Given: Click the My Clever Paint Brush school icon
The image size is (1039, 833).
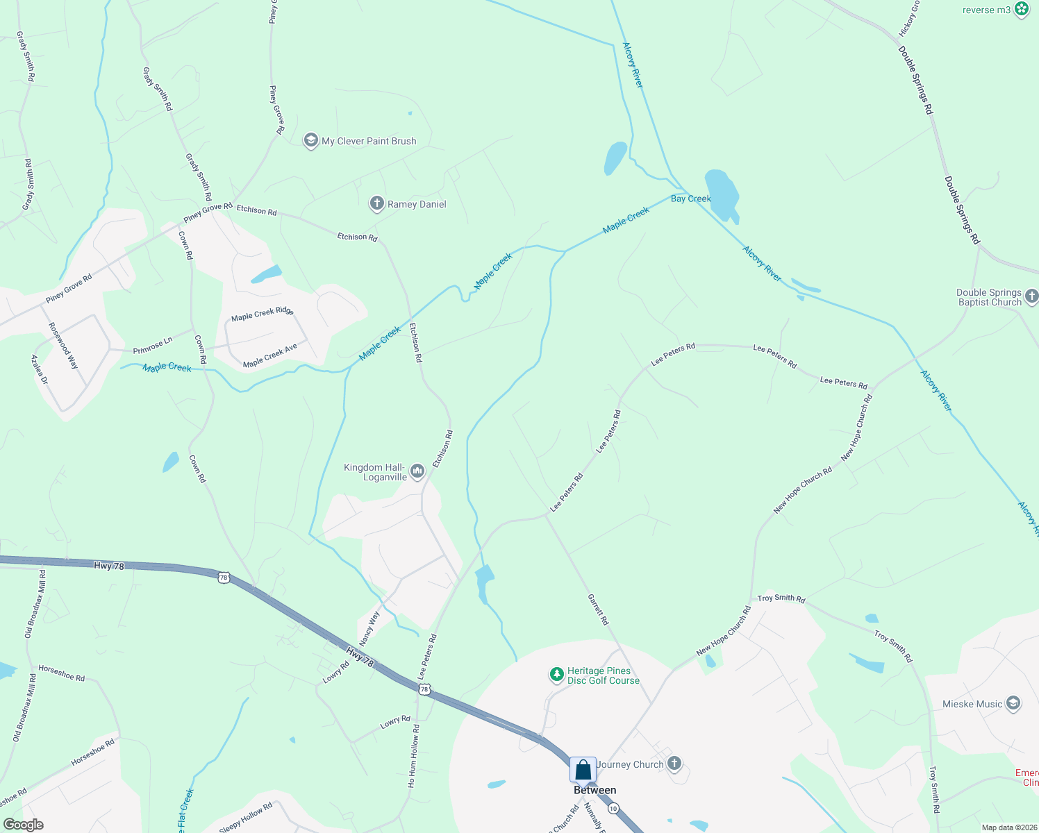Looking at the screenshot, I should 310,140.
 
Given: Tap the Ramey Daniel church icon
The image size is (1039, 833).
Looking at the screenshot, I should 376,203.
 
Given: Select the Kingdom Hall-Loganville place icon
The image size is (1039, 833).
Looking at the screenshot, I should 417,472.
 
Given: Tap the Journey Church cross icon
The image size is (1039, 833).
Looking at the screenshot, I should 674,764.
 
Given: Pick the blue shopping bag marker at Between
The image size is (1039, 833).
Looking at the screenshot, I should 583,770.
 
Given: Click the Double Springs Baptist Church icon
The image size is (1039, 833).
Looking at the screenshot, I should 1031,296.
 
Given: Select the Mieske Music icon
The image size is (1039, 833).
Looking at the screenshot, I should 1013,704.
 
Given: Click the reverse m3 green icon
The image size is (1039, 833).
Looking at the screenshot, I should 1022,9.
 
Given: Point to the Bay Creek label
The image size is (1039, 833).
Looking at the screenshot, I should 690,199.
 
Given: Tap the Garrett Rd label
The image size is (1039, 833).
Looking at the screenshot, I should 598,609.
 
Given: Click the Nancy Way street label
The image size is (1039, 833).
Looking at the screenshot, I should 369,628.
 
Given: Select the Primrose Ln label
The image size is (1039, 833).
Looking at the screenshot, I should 153,346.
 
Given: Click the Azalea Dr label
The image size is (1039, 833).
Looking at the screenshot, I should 40,369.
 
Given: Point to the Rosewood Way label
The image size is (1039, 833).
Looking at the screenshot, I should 63,345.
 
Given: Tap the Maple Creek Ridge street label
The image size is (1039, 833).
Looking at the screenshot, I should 263,314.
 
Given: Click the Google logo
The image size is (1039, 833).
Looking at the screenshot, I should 23,825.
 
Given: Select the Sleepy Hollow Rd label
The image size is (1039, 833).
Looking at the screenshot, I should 246,818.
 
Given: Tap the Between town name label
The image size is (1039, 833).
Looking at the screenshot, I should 595,790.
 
